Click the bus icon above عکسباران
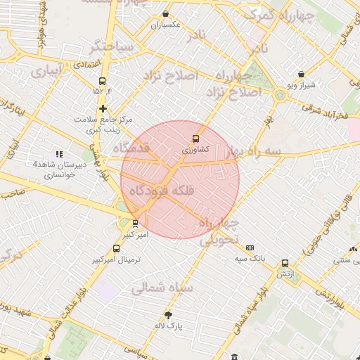click(165, 13)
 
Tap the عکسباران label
click(165, 25)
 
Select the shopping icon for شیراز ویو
click(302, 74)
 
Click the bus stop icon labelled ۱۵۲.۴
click(103, 81)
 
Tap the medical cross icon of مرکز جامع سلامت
click(103, 108)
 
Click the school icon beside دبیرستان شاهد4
click(59, 154)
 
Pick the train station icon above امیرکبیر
click(135, 224)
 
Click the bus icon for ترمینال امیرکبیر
click(116, 248)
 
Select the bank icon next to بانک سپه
click(250, 248)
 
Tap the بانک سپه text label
click(251, 259)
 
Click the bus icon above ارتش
click(285, 263)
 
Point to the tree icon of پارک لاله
click(168, 315)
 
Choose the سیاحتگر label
click(110, 48)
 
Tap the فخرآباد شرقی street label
click(326, 112)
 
